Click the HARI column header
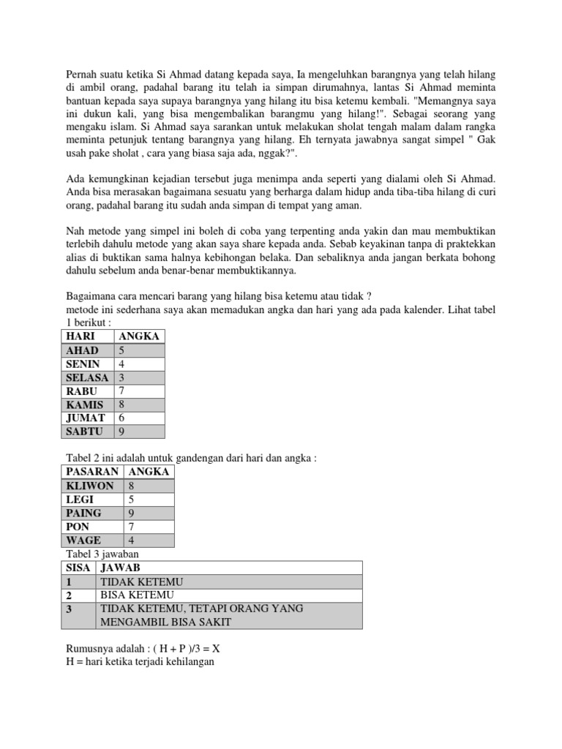pos(81,336)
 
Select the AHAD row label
pos(82,350)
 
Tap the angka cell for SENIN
pos(121,364)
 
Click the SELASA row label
pos(87,377)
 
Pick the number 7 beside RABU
pos(121,391)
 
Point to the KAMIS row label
pos(84,404)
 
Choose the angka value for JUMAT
pos(121,418)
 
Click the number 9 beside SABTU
pos(121,432)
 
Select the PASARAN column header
pos(92,473)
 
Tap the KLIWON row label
pos(90,486)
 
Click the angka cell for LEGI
pos(132,500)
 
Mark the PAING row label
pos(83,513)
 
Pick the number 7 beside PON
pos(132,527)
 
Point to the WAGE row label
pos(83,541)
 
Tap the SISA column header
pos(78,568)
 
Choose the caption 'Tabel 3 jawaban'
pos(102,554)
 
